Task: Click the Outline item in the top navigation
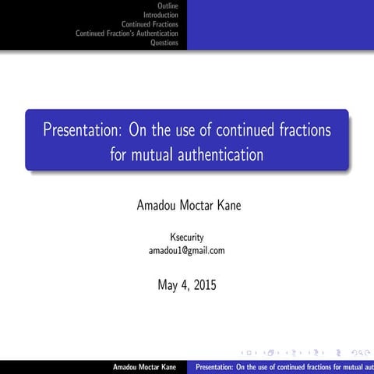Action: point(168,6)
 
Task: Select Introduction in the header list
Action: point(161,15)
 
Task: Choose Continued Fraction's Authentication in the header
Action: point(127,34)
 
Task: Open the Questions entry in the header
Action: point(164,43)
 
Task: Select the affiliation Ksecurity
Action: point(187,237)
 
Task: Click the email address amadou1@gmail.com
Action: point(187,250)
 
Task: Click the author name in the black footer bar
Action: point(144,366)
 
